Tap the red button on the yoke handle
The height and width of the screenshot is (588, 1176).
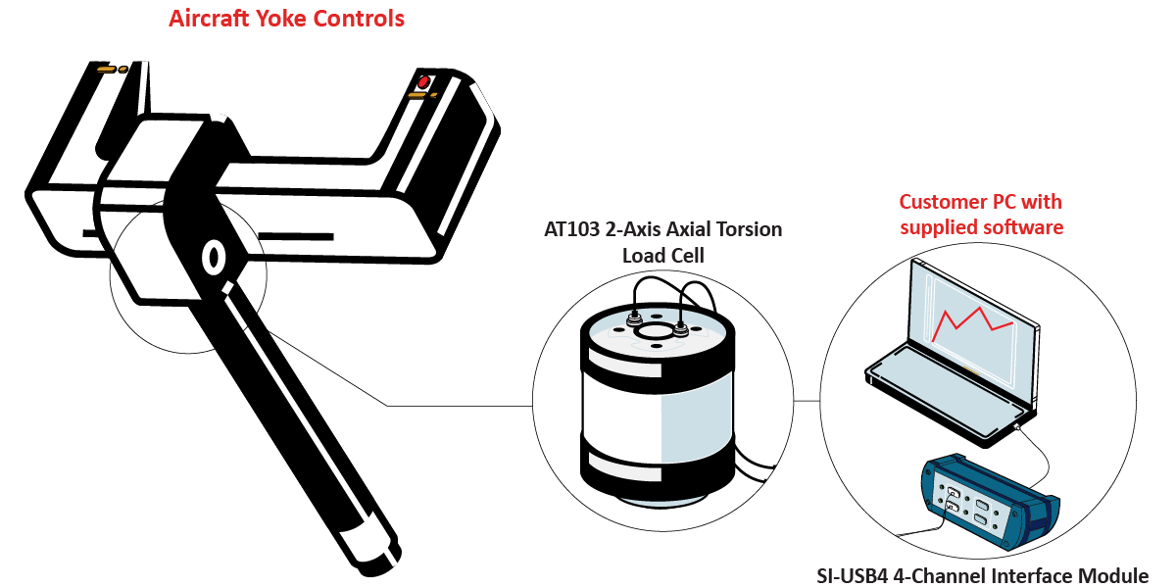423,81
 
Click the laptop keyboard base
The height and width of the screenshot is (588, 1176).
941,392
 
